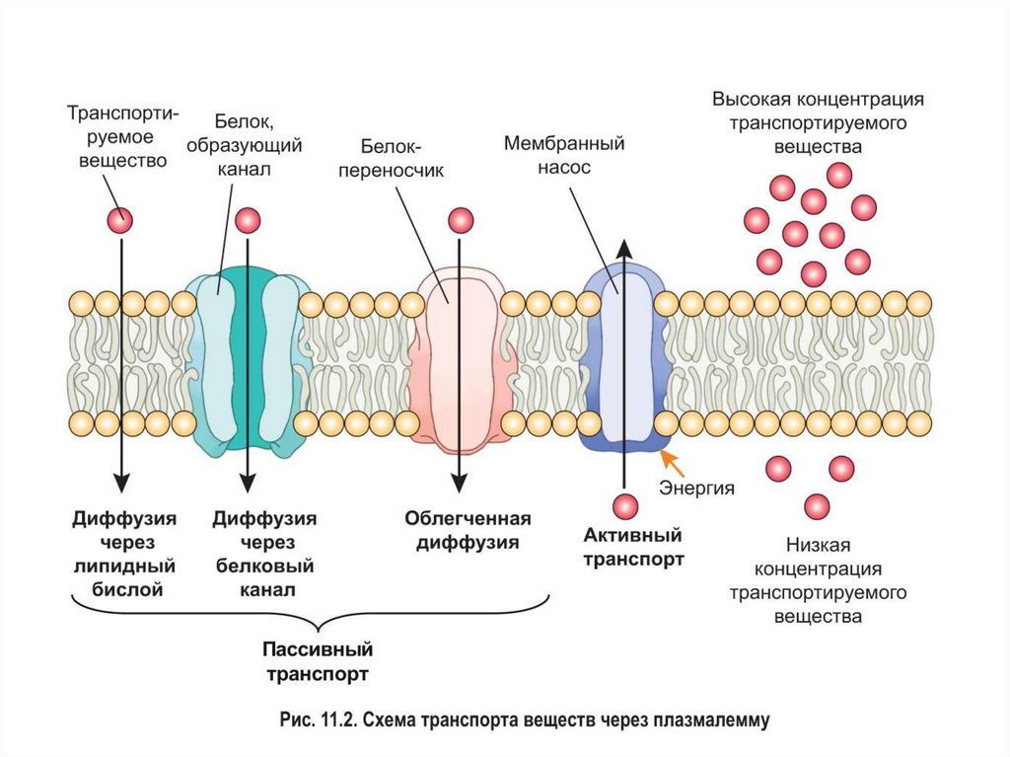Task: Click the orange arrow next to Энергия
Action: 672,462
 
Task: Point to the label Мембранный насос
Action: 564,155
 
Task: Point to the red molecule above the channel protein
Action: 248,220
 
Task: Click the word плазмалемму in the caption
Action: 706,721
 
